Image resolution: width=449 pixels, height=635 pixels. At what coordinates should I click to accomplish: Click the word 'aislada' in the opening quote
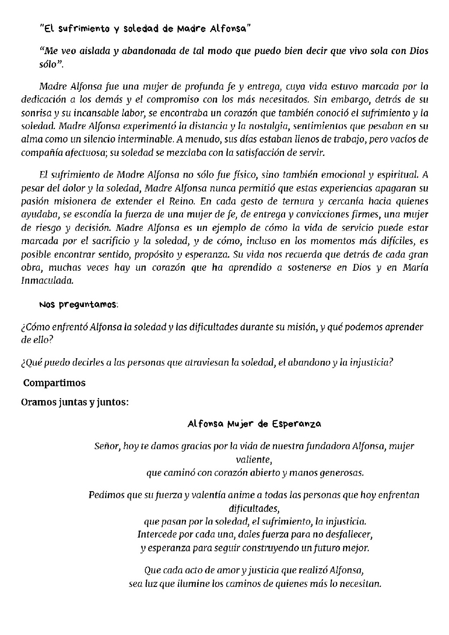87,51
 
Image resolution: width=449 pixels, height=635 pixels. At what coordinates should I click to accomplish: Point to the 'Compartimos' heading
55,383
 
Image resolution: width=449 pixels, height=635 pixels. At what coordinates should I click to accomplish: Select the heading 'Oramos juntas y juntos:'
75,402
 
